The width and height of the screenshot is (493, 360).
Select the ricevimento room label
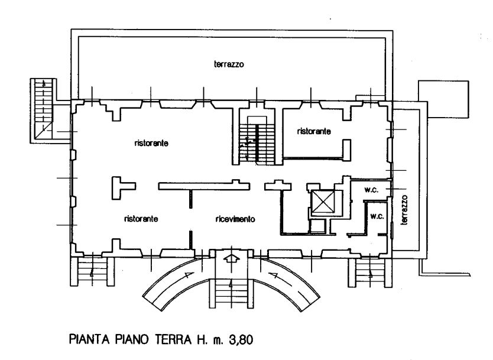point(235,219)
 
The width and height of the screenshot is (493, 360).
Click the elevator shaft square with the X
point(322,202)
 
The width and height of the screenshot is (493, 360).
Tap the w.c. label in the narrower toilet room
point(377,216)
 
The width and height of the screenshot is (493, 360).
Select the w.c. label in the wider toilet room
point(371,189)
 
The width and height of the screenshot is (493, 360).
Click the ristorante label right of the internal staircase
point(314,131)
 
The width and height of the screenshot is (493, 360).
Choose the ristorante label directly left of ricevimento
point(141,219)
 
